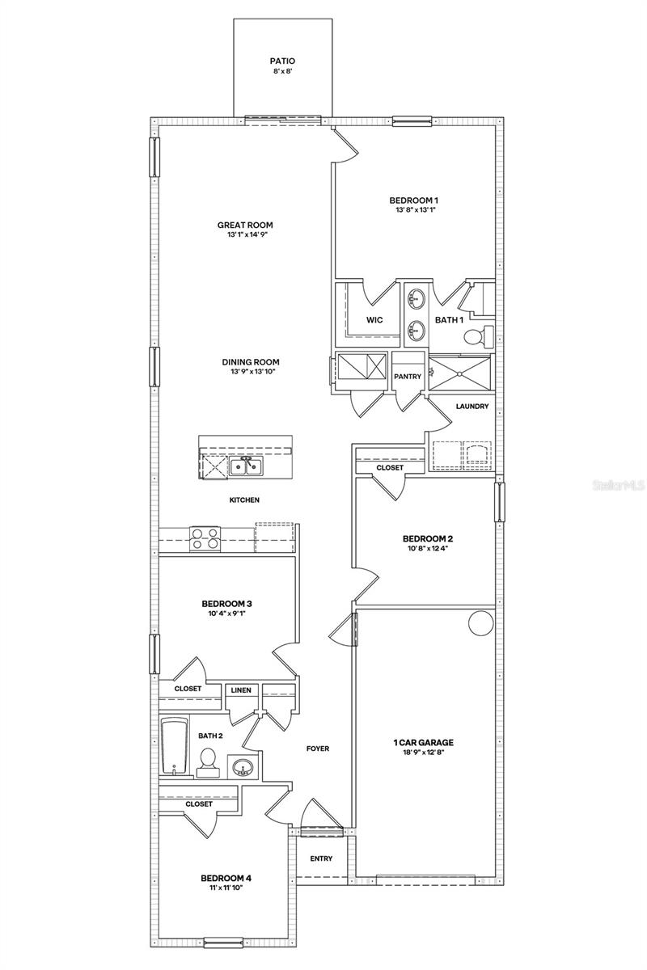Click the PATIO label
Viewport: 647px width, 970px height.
coord(283,60)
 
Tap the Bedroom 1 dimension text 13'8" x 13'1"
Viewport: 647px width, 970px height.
coord(417,210)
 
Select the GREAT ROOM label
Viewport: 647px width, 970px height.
coord(244,226)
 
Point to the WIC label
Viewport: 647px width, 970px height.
coord(374,320)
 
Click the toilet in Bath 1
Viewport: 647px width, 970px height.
coord(486,334)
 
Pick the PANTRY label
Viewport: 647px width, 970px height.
coord(407,377)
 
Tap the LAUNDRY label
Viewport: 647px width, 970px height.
coord(472,407)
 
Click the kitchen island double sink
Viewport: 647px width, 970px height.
coord(244,466)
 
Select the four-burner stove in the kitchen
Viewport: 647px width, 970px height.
coord(205,538)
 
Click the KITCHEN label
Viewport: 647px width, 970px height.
coord(244,500)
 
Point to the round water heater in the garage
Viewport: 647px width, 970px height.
coord(480,622)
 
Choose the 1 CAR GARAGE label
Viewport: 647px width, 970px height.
coord(423,742)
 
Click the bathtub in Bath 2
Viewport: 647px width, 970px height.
coord(173,745)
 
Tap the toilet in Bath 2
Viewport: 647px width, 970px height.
coord(208,761)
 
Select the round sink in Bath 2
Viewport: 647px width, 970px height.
coord(242,765)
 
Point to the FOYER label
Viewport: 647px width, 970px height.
coord(317,749)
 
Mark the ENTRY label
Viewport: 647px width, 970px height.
coord(321,858)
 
